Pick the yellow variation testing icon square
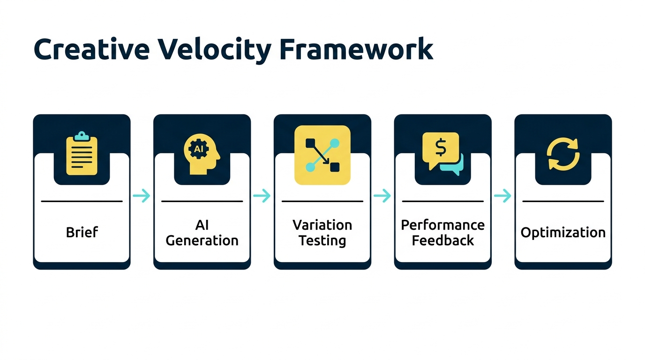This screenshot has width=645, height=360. point(322,155)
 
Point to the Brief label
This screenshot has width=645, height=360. point(82,232)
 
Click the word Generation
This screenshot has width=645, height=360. point(202,240)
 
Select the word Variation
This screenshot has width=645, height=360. point(322,225)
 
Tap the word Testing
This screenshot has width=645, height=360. point(322,240)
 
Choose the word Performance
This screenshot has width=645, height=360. point(442,225)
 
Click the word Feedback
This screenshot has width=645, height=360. point(442,240)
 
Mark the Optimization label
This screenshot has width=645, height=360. point(563,232)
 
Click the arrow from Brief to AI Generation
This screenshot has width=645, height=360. point(142,196)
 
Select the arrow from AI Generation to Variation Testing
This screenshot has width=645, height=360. point(262,196)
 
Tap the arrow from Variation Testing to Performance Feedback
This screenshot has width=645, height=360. point(382,196)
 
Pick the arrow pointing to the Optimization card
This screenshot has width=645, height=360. point(502,196)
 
